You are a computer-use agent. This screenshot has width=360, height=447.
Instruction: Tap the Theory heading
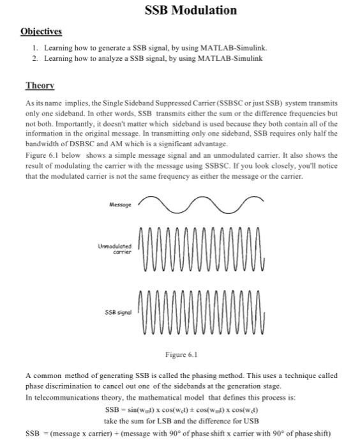click(40, 85)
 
